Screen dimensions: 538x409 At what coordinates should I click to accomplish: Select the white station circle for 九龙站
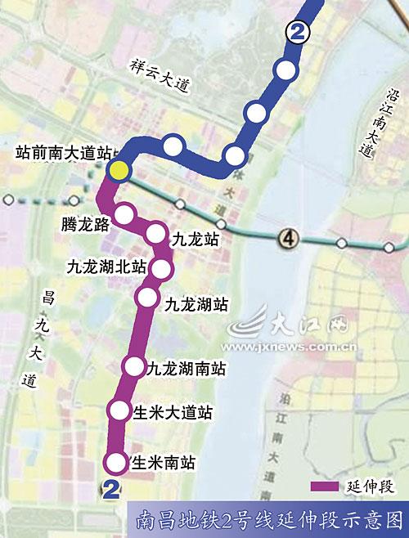tap(156, 234)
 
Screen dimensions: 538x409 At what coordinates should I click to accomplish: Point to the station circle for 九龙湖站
tap(148, 297)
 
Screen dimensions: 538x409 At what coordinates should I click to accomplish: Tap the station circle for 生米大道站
tap(120, 410)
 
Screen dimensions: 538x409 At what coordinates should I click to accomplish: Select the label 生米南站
tap(163, 463)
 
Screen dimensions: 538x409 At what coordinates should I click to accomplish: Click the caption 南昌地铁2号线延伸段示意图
tap(270, 519)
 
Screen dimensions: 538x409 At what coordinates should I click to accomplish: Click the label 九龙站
tap(196, 239)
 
